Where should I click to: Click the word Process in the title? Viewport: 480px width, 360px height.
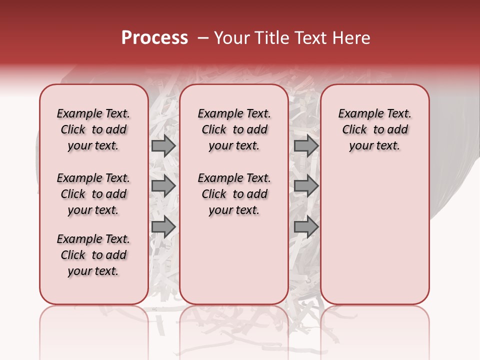pos(154,38)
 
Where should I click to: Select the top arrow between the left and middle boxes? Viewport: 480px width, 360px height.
pos(163,145)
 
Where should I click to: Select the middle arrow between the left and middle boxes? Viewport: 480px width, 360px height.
pos(163,186)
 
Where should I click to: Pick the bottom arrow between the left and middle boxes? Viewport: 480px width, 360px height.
pos(163,226)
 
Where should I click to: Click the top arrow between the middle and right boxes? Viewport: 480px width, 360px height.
pos(306,145)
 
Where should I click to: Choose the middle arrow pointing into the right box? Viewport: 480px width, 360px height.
pos(306,186)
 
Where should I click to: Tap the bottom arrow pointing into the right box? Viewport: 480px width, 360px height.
pos(306,226)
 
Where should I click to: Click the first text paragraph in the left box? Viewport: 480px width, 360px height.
pos(93,129)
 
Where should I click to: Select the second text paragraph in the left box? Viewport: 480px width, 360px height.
pos(93,194)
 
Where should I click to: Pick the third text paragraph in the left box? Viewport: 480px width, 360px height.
pos(93,255)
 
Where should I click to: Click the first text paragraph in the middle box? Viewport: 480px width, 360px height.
pos(234,129)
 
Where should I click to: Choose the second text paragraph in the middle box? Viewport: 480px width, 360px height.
pos(234,194)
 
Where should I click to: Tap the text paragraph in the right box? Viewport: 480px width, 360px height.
pos(374,129)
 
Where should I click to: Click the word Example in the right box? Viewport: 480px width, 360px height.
pos(357,114)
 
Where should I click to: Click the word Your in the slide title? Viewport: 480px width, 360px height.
pos(231,38)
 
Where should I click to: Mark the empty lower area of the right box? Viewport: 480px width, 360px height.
pos(374,235)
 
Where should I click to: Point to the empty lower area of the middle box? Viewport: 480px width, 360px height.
pos(234,260)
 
